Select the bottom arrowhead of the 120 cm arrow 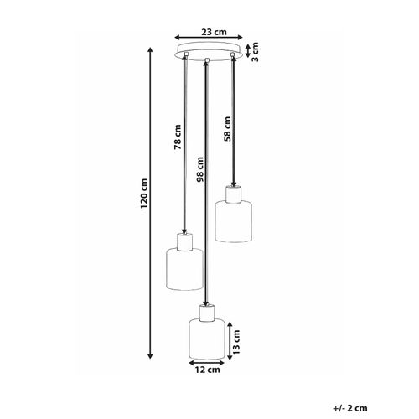[151, 355]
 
